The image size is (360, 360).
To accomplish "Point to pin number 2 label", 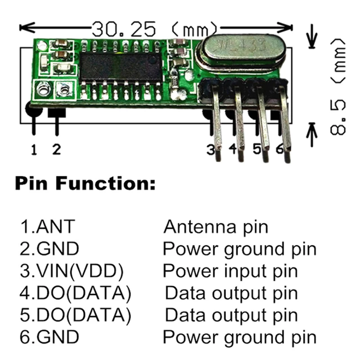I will click(x=56, y=149).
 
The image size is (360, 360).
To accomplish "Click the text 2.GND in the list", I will click(x=49, y=248).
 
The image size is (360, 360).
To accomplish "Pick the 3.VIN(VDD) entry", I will click(x=72, y=271).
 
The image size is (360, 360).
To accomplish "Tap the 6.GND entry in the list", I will click(x=49, y=337).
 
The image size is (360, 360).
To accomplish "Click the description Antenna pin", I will click(x=216, y=226).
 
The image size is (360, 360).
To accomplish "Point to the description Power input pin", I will click(x=230, y=271).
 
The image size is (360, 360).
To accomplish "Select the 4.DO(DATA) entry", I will click(x=75, y=293).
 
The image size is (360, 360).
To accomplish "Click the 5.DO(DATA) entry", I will click(x=75, y=315).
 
